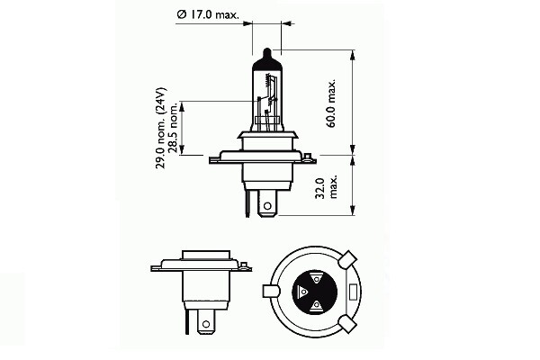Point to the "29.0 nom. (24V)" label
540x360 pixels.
160,134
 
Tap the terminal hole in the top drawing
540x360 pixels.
266,207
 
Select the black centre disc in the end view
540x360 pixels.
315,293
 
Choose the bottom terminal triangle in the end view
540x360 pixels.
318,307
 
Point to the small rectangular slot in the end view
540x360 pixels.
352,292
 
